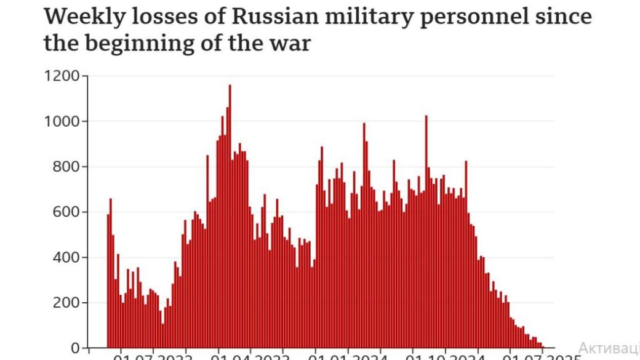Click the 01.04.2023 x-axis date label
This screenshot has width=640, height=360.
(x=250, y=356)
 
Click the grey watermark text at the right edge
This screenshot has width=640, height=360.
(x=609, y=347)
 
